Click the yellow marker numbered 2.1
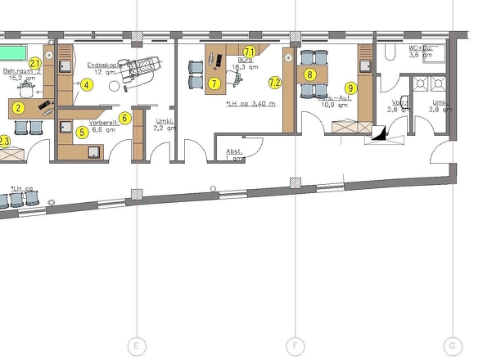[35, 63]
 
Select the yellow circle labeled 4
[87, 84]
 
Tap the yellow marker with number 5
[82, 131]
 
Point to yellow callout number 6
[124, 118]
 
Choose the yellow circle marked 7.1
[250, 52]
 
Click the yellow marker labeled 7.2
[275, 82]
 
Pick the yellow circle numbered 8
[309, 74]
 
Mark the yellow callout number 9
[350, 88]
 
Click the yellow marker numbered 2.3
[4, 142]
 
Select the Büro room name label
[244, 60]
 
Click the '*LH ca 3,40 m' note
[251, 104]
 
